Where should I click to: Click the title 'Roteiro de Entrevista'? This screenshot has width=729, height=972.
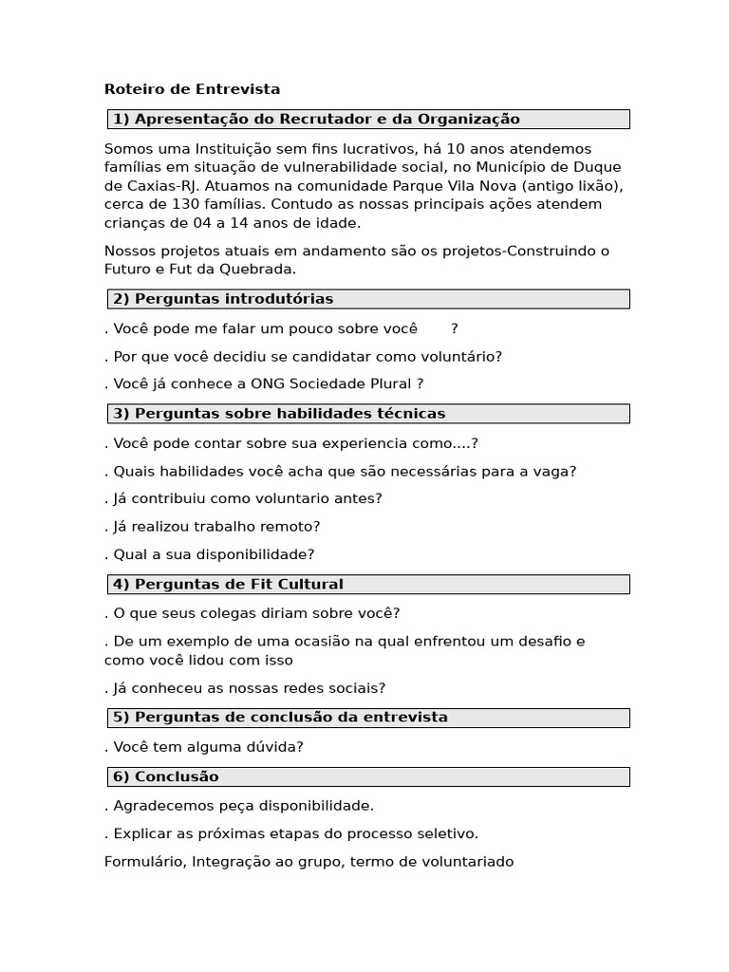pyautogui.click(x=192, y=89)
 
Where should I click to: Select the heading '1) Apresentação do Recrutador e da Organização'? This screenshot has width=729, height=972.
pyautogui.click(x=316, y=120)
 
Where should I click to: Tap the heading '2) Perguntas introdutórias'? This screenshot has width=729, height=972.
pyautogui.click(x=223, y=299)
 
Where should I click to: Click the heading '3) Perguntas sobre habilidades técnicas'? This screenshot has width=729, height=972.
pyautogui.click(x=279, y=414)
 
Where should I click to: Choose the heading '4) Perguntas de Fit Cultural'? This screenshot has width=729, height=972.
pyautogui.click(x=228, y=585)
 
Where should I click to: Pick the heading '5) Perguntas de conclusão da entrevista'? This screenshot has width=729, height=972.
pyautogui.click(x=280, y=718)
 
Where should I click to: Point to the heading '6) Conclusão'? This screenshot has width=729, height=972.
pyautogui.click(x=165, y=776)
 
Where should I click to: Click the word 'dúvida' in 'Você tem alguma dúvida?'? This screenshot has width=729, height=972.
pyautogui.click(x=273, y=747)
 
